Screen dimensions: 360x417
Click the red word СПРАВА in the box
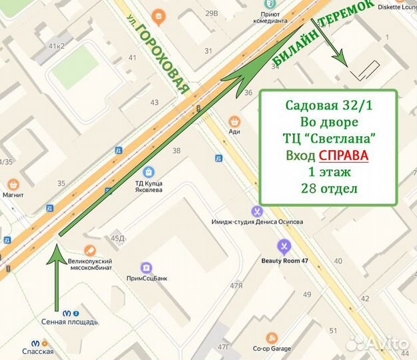point(343,155)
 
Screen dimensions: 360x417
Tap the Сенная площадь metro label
point(70,321)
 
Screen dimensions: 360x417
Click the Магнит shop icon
point(13,184)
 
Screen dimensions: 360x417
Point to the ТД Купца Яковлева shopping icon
point(149,172)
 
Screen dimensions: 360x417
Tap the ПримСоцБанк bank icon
point(145,267)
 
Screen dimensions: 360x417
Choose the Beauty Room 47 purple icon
point(284,247)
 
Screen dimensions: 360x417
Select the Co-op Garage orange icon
point(271,337)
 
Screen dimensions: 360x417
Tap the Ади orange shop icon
point(234,121)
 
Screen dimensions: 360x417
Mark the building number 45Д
point(118,238)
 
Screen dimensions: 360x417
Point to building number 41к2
point(56,46)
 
